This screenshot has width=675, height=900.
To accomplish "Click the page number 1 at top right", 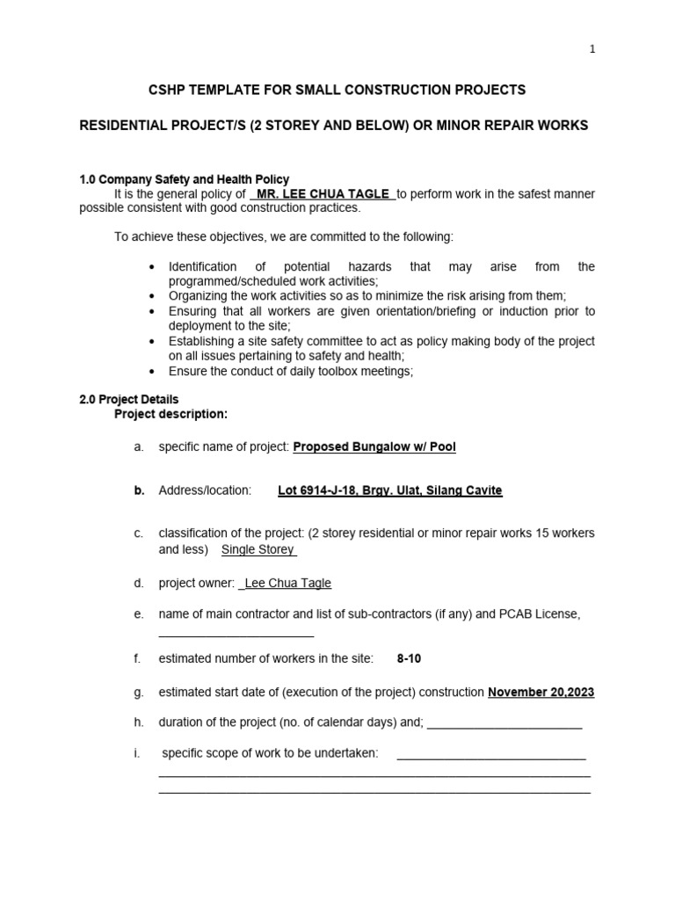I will (x=592, y=49).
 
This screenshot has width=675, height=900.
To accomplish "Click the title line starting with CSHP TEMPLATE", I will (x=337, y=90).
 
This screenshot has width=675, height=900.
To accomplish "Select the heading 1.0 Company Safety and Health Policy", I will (x=184, y=179).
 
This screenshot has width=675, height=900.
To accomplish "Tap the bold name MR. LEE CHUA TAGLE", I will (x=323, y=194).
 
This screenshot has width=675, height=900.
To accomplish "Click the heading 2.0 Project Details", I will (x=128, y=399).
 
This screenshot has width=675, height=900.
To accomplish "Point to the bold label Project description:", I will (x=171, y=414).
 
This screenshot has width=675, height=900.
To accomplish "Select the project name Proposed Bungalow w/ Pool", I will (x=374, y=446).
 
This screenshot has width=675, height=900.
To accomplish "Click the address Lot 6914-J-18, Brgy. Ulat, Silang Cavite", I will (x=389, y=490).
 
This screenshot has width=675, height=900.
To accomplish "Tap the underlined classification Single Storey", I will (x=258, y=549).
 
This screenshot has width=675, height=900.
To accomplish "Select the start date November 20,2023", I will (x=541, y=692).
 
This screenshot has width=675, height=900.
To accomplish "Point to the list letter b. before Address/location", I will (x=139, y=490).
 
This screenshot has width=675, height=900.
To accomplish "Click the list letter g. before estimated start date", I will (x=139, y=692).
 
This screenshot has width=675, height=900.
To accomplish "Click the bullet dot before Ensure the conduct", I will (x=153, y=372).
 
